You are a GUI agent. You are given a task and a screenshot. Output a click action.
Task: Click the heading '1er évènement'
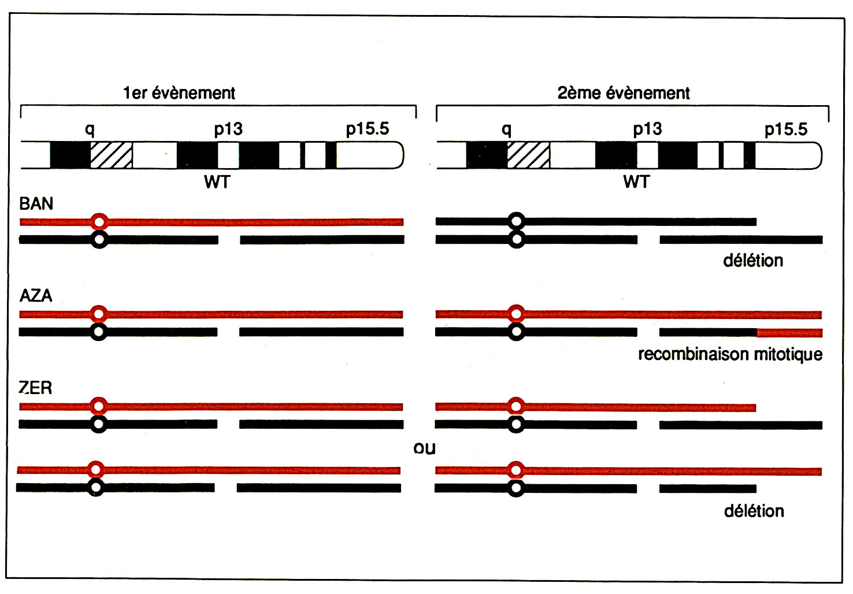click(179, 93)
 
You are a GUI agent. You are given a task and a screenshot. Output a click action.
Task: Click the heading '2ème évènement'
click(624, 93)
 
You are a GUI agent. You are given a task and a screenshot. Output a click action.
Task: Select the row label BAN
click(36, 204)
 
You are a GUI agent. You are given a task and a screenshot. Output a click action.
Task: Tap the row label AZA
click(36, 296)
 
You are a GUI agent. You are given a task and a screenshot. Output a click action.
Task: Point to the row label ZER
click(36, 388)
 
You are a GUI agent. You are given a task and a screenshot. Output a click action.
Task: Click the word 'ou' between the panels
click(424, 448)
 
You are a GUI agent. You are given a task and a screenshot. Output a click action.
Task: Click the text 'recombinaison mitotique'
click(730, 354)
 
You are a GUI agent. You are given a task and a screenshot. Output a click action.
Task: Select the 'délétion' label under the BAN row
click(753, 261)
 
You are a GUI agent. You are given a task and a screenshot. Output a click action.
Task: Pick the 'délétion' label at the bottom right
click(754, 511)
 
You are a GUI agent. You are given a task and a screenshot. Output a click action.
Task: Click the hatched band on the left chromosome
click(111, 155)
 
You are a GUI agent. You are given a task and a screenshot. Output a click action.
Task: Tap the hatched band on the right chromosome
click(528, 155)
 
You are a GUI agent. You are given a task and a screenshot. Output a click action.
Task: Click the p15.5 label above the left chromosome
click(368, 129)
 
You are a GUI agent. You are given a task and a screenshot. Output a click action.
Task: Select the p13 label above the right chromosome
click(647, 129)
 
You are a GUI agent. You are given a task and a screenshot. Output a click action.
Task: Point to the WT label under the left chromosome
click(217, 182)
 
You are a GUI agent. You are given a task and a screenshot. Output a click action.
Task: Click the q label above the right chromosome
click(506, 129)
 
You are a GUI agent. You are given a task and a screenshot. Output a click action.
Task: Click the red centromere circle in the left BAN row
click(99, 221)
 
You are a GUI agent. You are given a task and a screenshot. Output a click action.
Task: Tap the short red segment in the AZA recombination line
click(789, 333)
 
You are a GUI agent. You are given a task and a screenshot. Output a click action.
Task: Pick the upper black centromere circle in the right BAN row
click(516, 221)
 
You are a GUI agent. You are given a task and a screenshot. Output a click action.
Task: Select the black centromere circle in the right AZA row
click(516, 332)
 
